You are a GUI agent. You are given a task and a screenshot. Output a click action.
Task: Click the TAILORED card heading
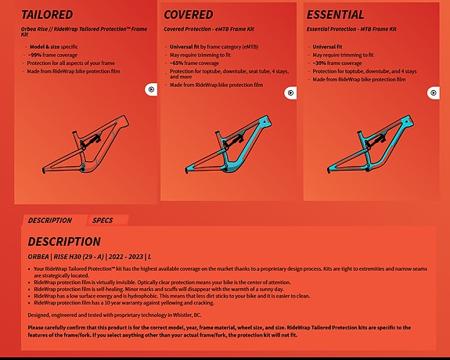pos(47,15)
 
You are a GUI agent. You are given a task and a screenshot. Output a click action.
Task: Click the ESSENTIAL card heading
pos(335,15)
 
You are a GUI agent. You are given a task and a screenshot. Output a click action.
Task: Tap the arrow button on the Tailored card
pos(151,90)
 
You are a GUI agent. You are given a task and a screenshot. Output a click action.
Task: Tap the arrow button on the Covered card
pos(291,92)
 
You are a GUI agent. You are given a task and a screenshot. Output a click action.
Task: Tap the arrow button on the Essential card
pos(433,94)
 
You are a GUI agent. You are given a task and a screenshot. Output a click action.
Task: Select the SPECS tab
pos(103,221)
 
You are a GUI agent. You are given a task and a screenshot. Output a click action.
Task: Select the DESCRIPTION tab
pos(50,221)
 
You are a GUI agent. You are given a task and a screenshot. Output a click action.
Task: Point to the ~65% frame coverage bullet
pos(197,63)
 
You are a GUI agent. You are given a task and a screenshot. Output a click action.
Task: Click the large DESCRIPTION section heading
pos(64,242)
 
